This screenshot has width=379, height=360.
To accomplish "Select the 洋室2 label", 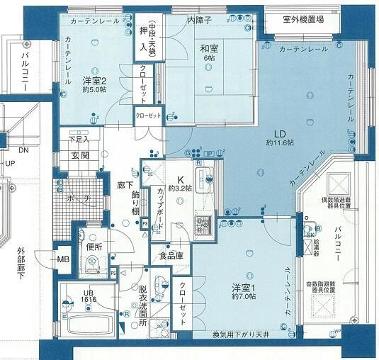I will tap(94, 80).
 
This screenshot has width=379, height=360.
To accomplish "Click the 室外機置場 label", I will tap(302, 21).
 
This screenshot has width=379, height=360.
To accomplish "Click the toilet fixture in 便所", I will tap(91, 264).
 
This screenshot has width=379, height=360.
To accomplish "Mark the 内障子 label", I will tap(200, 21).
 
